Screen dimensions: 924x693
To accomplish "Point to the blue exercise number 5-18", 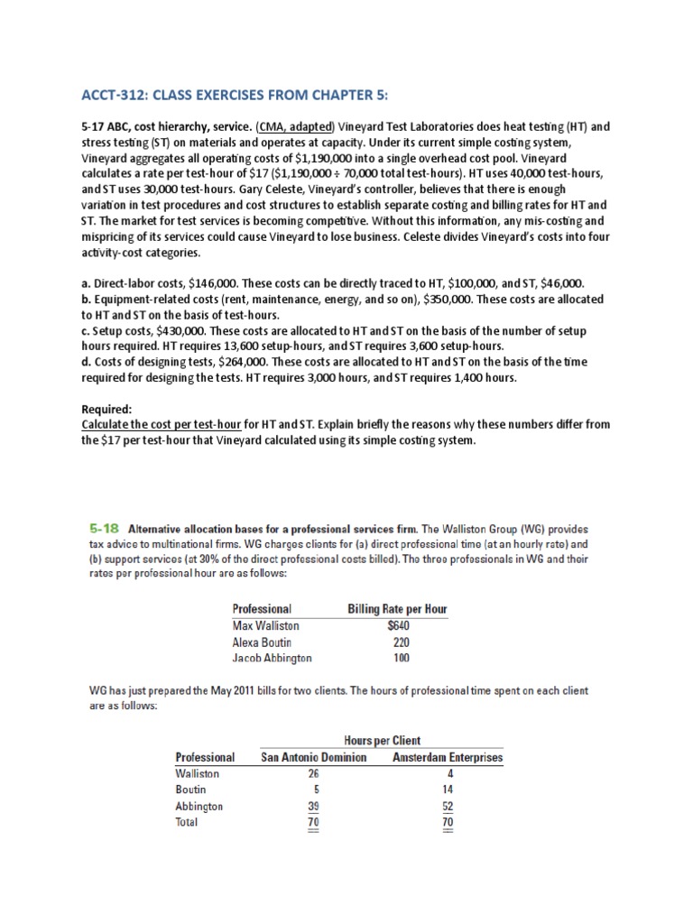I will click(x=100, y=528).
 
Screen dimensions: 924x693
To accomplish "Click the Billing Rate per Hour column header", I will click(x=397, y=609).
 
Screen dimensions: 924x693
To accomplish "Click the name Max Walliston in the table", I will click(x=265, y=625).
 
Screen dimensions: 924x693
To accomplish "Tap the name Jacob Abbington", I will click(x=273, y=658).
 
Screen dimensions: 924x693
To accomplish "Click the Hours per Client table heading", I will click(x=382, y=741).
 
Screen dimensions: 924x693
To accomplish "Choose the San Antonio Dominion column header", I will click(x=313, y=758).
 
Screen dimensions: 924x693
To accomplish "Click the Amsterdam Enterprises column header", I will click(x=448, y=758).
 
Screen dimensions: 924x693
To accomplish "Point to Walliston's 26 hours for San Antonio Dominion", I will click(x=314, y=773).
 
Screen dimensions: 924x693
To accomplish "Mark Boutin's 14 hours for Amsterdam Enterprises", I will click(x=448, y=790).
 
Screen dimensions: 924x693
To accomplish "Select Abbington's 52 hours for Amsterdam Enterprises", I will click(x=448, y=806).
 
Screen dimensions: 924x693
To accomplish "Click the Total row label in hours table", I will click(x=187, y=822).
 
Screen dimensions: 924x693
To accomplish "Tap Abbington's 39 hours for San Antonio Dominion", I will click(x=314, y=806).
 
